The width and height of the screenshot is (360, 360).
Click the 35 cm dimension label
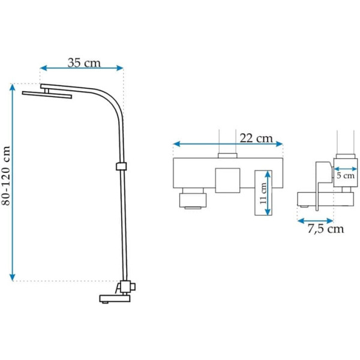[x=84, y=62]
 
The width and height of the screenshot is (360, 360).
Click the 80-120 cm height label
[x=6, y=176]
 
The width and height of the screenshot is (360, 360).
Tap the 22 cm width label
[x=256, y=138]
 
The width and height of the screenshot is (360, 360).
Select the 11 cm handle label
[x=263, y=193]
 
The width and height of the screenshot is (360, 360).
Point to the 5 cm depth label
[x=346, y=176]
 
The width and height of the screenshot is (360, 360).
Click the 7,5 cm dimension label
[x=326, y=229]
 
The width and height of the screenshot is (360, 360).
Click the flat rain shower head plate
[x=47, y=95]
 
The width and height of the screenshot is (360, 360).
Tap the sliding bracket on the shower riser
[x=121, y=166]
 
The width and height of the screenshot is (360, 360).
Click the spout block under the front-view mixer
[x=193, y=200]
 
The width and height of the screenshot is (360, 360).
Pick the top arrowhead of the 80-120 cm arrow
[x=13, y=87]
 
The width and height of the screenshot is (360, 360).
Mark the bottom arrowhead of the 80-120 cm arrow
[x=13, y=277]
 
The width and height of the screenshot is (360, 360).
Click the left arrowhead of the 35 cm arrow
[x=44, y=68]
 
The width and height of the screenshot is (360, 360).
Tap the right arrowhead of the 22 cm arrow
[x=279, y=144]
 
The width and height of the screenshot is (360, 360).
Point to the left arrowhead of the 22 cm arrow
[x=177, y=144]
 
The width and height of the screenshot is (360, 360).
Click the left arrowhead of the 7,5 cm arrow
[x=301, y=221]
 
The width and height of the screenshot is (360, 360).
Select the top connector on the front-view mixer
[x=227, y=155]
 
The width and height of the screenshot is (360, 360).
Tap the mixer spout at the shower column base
[x=115, y=298]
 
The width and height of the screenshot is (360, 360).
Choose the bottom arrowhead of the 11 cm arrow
[x=268, y=212]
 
